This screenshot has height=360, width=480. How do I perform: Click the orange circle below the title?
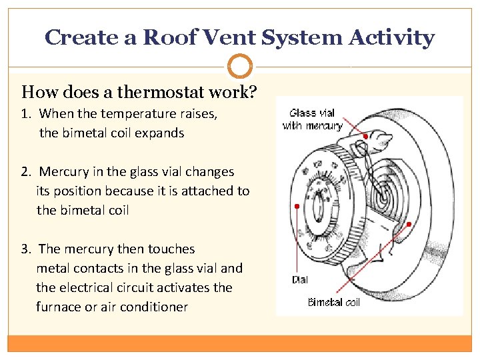point(240,67)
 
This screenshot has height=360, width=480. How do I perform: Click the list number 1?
point(25,114)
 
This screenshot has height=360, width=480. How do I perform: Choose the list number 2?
point(25,172)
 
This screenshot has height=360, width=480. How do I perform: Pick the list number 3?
point(25,249)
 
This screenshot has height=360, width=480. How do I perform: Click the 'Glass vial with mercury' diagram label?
point(312,119)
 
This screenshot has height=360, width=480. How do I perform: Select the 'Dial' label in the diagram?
point(300,280)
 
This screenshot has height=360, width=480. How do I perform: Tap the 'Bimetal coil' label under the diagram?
point(333,302)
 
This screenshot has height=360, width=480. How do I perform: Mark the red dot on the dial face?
point(297,206)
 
